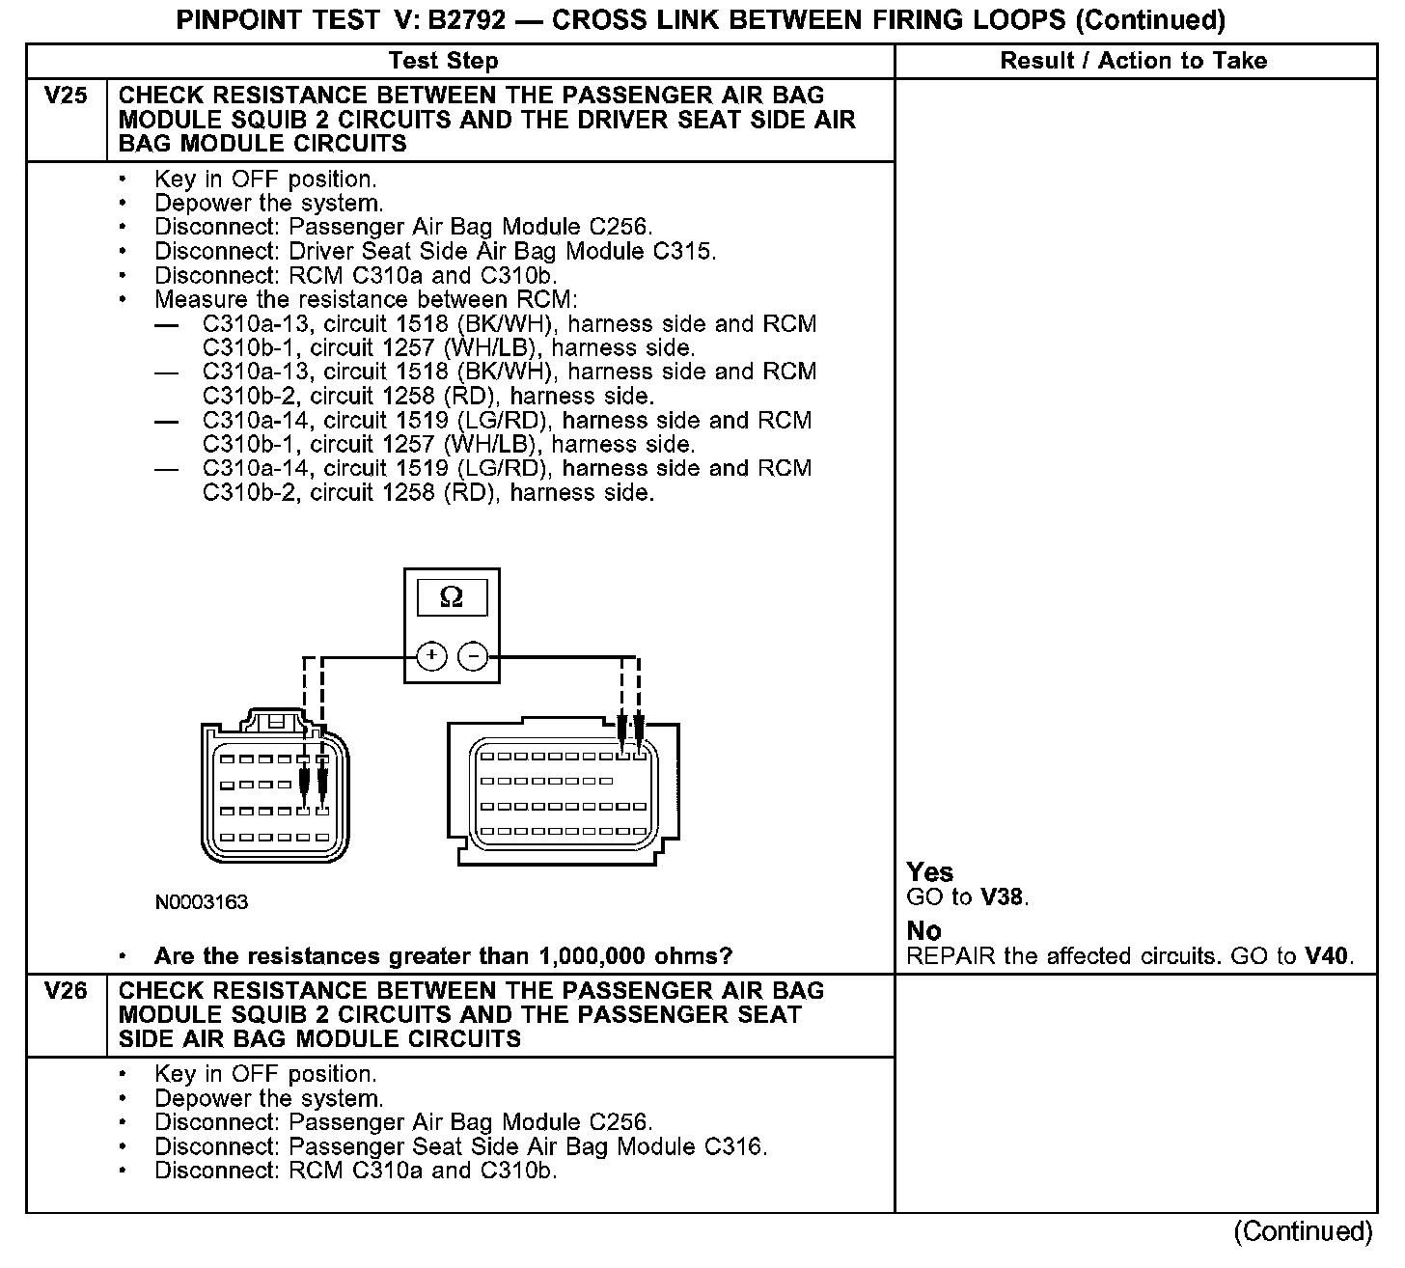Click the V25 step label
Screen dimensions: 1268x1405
tap(66, 96)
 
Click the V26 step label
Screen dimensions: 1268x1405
tap(66, 991)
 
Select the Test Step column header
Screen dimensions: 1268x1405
tap(443, 61)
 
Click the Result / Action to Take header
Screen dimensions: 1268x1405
tap(1133, 61)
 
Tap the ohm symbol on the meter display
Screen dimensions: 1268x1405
tap(451, 598)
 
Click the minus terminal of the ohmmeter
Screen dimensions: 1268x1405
tap(473, 656)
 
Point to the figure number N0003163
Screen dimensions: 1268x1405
tap(202, 902)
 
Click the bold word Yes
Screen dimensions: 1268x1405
tap(930, 872)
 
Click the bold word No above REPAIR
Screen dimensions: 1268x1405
tap(923, 931)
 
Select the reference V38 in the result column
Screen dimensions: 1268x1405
tap(1001, 897)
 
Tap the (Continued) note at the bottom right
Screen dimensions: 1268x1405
tap(1303, 1231)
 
